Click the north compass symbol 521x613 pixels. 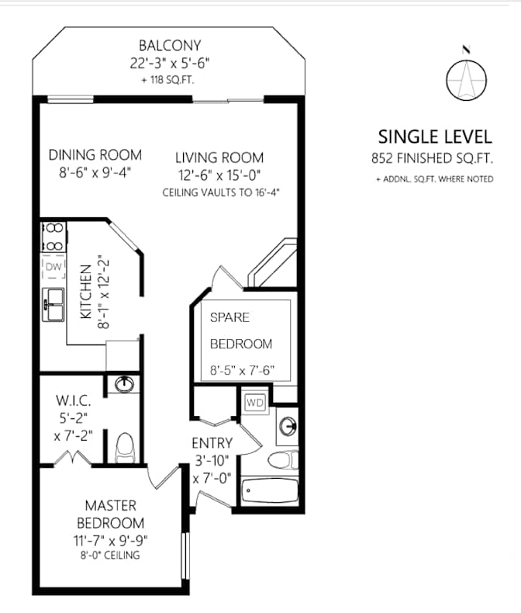tap(466, 78)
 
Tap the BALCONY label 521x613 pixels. tap(169, 45)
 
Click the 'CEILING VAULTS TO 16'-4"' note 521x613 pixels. tap(219, 191)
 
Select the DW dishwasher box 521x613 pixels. tap(53, 267)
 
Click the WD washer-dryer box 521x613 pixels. tap(254, 403)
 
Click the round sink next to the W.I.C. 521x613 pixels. tap(124, 384)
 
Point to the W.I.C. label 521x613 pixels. tap(74, 401)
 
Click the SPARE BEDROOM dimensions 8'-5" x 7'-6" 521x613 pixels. tap(243, 371)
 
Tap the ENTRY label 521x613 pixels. tap(212, 444)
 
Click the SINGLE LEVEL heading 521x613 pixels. tap(434, 137)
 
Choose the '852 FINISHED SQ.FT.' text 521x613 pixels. tap(433, 159)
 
